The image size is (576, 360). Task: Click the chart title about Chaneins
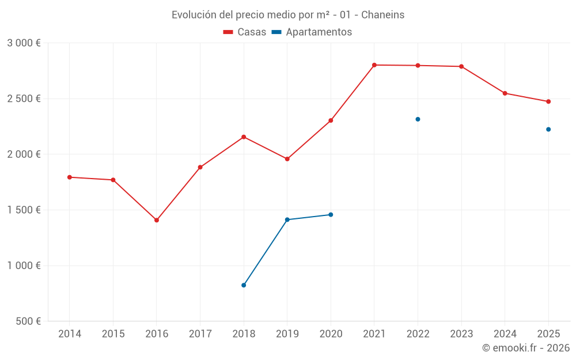288,14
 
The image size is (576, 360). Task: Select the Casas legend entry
245,32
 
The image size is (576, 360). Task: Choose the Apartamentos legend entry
312,32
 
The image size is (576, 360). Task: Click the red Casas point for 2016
157,220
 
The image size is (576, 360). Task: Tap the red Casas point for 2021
374,65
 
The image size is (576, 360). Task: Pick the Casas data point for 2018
244,137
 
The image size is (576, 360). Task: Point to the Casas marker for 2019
287,159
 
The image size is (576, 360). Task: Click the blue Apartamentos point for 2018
244,285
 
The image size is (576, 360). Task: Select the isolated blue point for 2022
418,119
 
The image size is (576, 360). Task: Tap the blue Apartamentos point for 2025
548,129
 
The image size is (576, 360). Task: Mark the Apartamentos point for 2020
331,215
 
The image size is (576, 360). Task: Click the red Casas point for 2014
70,177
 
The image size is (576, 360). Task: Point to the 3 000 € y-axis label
24,43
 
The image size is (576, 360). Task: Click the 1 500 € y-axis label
24,210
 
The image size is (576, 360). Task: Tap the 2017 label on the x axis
200,334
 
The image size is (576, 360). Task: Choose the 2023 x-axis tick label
461,334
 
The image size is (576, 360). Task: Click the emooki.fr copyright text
525,348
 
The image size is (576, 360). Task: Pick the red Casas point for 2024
505,93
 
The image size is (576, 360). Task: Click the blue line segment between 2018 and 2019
266,252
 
